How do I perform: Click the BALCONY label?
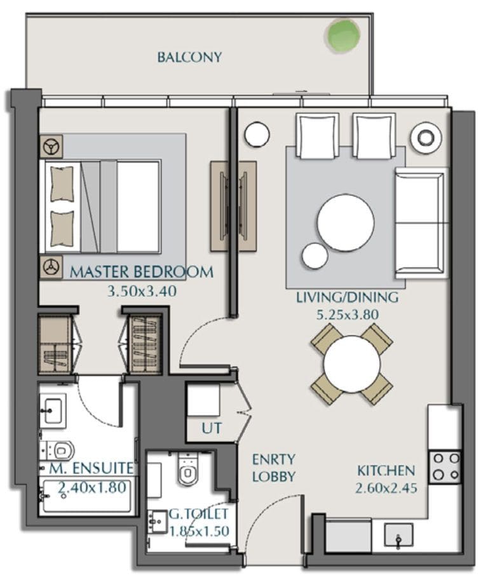189,57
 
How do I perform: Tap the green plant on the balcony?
343,34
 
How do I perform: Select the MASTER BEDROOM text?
142,272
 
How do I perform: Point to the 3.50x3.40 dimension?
142,291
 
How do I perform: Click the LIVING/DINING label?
348,297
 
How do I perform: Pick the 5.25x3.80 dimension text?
348,314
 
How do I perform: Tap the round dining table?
352,364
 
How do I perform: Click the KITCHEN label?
386,471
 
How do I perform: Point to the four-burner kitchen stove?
445,467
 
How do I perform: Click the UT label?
212,428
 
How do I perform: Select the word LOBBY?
273,476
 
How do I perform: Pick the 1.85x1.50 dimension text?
199,531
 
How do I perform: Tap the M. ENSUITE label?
91,468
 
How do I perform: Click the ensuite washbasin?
53,410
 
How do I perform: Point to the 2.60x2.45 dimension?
386,488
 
